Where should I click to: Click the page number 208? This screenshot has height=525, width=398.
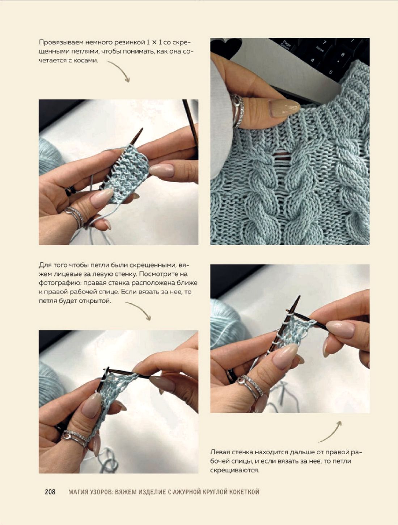pyautogui.click(x=50, y=492)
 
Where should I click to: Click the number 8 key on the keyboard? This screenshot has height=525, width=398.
pyautogui.click(x=342, y=55)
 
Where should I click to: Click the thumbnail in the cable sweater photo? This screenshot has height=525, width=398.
pyautogui.click(x=284, y=108)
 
